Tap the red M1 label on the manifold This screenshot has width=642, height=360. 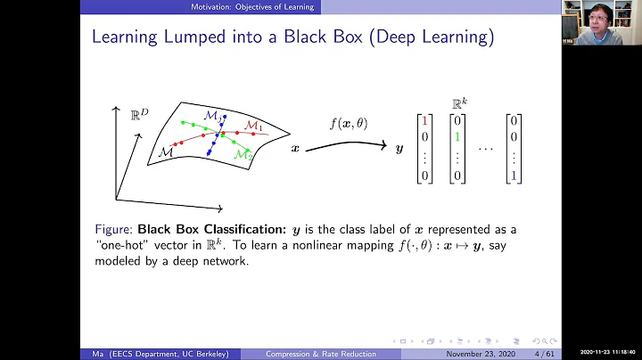click(x=255, y=126)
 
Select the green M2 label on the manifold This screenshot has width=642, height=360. click(x=243, y=155)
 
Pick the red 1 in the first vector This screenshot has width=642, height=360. click(x=424, y=119)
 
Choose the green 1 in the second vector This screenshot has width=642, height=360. click(x=457, y=137)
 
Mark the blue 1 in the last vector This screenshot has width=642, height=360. click(x=513, y=176)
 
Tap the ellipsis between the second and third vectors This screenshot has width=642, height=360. click(x=485, y=148)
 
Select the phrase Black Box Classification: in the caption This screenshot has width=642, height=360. click(x=198, y=229)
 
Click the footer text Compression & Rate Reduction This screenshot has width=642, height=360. click(x=321, y=354)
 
